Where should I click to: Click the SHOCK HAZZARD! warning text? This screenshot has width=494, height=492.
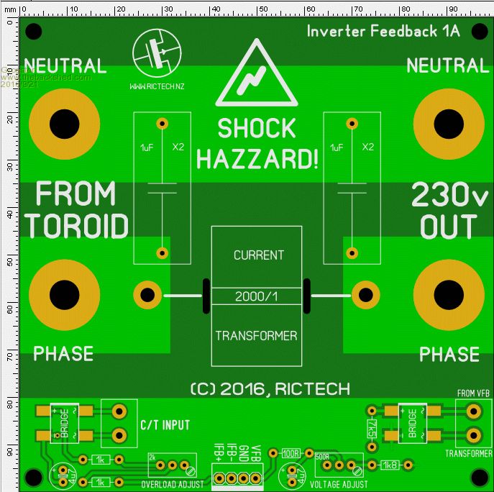pyautogui.click(x=257, y=144)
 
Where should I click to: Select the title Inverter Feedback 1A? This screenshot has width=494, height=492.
pyautogui.click(x=383, y=31)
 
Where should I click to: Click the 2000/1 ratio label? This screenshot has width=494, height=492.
pyautogui.click(x=256, y=296)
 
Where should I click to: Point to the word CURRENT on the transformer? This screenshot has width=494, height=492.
pyautogui.click(x=258, y=255)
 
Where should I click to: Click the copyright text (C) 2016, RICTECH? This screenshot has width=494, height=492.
pyautogui.click(x=270, y=389)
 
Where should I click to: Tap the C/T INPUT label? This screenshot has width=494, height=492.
pyautogui.click(x=165, y=425)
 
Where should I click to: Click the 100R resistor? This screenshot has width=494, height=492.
pyautogui.click(x=291, y=454)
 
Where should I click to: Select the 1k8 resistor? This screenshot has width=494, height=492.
pyautogui.click(x=390, y=465)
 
